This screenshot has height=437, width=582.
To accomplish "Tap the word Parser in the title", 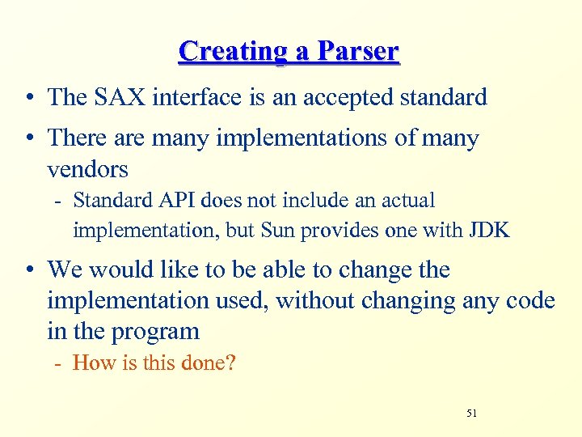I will point(358,51).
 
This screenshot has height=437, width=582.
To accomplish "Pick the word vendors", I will point(87,169).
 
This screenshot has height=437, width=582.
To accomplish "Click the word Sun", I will point(277,230).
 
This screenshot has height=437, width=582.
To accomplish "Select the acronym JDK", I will point(489,230).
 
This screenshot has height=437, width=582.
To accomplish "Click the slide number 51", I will point(472,414).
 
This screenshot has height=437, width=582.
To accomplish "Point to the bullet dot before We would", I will point(28,270).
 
